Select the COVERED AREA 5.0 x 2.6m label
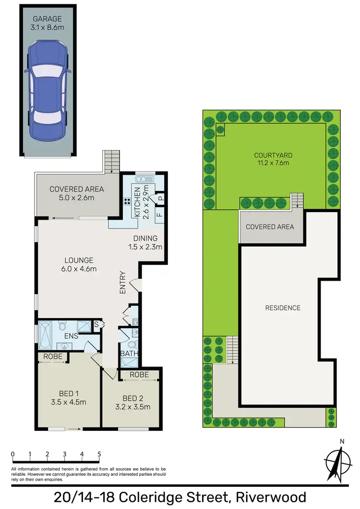(x=77, y=193)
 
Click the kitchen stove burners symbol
(x=129, y=202)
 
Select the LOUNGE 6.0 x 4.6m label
(x=81, y=265)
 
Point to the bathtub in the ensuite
(x=46, y=336)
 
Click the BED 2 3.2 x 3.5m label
(x=133, y=402)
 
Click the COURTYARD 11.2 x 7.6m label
(x=273, y=159)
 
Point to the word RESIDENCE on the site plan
(x=283, y=308)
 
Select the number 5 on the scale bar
(x=99, y=454)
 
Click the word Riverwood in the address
(x=266, y=497)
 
